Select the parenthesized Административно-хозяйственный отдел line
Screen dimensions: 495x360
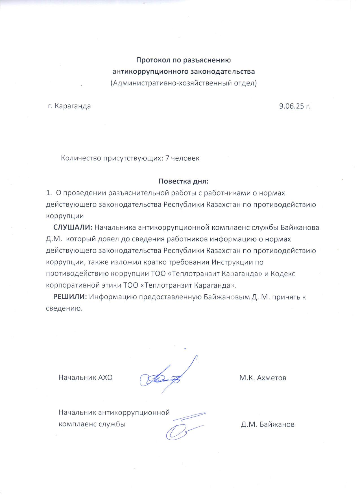[184, 83]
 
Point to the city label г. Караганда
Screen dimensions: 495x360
[69, 106]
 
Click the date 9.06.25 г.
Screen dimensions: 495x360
[294, 106]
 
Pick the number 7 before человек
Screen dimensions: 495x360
[167, 158]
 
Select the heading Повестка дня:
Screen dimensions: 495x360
[184, 181]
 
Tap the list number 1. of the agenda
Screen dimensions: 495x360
[49, 193]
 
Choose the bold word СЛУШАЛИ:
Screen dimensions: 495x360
[73, 227]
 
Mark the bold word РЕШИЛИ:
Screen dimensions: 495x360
[70, 297]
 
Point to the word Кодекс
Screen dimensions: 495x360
[283, 274]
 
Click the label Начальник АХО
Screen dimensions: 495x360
[86, 378]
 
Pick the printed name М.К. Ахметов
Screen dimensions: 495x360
[263, 378]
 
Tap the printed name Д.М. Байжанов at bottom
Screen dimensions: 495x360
[267, 424]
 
